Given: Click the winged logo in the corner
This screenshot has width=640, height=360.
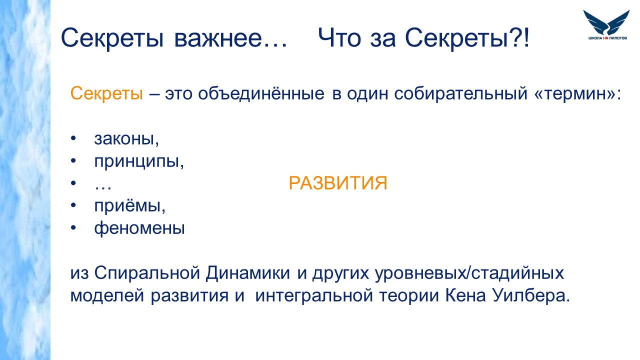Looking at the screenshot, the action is point(606,25).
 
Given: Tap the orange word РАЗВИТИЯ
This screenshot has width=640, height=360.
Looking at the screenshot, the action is point(337,183).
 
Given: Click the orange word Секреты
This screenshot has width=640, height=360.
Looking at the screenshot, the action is point(106,93).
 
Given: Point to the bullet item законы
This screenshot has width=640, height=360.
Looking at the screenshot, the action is point(126,139).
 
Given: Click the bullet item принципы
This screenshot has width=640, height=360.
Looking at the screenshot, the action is point(139,162).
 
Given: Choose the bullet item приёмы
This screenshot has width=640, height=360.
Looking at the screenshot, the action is point(129,205).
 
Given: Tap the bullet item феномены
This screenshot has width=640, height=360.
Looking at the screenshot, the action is point(139,228).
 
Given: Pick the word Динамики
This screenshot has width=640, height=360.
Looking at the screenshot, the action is point(247,273).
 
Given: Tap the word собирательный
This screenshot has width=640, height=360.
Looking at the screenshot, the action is point(460,93).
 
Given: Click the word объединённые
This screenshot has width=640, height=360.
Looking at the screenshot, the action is point(261,93).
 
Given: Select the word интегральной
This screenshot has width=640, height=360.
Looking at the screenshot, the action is point(314,296).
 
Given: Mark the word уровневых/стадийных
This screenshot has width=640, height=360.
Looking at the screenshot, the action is point(469,273).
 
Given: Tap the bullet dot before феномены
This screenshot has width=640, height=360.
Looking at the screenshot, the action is point(73,227).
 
